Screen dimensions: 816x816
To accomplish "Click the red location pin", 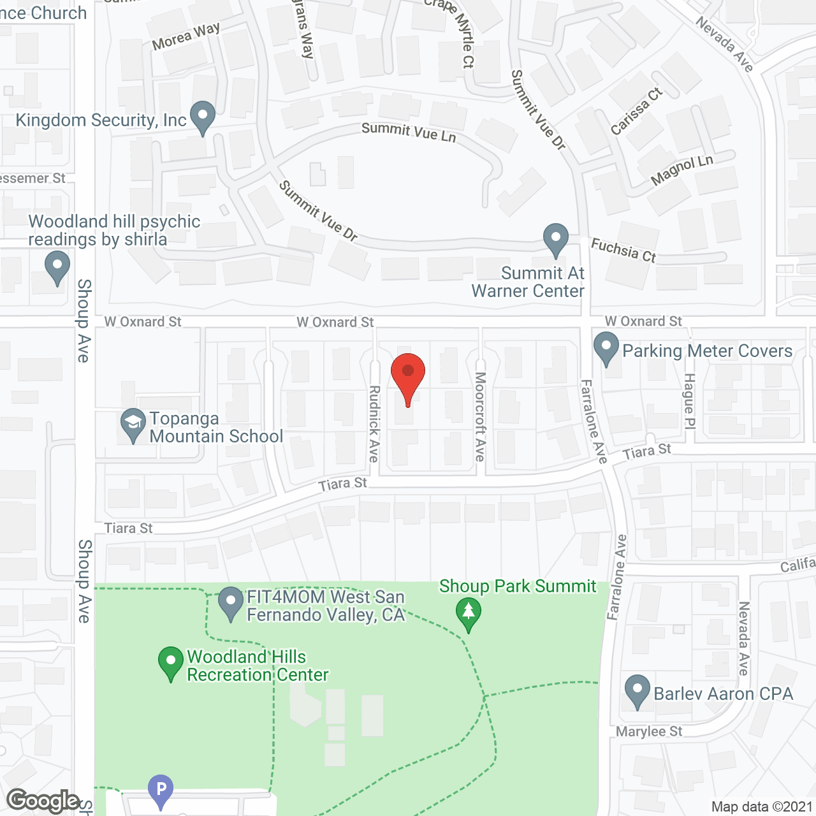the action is point(408,376).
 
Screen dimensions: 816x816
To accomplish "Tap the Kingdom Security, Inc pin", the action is point(203,117).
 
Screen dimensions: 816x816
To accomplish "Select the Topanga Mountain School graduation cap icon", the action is point(133,425).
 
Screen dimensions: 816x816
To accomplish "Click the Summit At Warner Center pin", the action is point(556,239).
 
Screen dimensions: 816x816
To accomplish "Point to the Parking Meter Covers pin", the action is point(606,348).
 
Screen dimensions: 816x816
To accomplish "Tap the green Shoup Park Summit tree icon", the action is point(469,613).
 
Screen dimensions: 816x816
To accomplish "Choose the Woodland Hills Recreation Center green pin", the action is point(170,663).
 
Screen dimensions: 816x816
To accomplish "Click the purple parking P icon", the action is point(161,790).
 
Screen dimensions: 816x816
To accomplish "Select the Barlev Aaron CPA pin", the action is point(637,691).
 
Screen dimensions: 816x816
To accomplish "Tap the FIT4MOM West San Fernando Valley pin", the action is point(231,603).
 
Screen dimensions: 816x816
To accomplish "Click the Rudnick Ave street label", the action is point(374,424).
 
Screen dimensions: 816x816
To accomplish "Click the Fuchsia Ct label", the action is point(623,250).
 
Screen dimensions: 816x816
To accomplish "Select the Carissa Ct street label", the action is point(636,112).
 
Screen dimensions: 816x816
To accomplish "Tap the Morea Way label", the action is point(186,36).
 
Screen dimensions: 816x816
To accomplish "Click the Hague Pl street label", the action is point(689,402).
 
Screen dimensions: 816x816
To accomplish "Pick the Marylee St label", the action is point(649,732).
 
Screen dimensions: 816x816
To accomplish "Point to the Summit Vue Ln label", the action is point(409,132).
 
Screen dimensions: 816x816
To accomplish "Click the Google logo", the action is point(43,801).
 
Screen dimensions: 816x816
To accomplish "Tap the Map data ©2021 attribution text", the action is point(762,807).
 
